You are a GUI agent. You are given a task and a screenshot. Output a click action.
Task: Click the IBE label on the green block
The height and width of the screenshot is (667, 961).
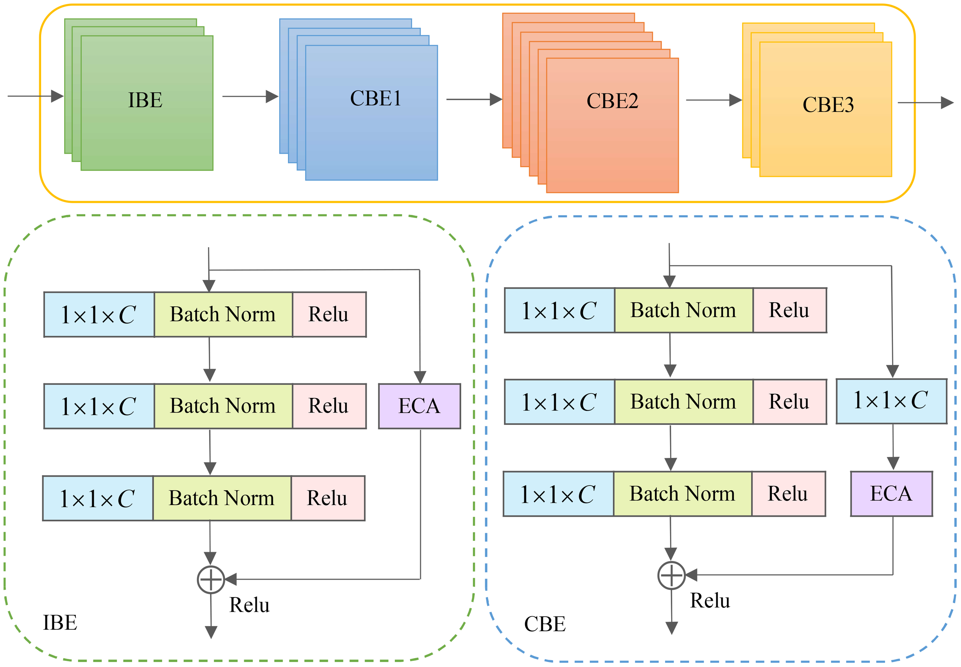point(145,100)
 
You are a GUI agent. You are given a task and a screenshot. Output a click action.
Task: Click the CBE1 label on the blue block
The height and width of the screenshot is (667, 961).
point(375,99)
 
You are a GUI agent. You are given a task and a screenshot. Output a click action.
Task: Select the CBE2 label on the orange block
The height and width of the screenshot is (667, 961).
point(612,101)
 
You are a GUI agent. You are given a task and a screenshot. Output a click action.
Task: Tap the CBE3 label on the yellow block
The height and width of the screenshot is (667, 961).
point(828,105)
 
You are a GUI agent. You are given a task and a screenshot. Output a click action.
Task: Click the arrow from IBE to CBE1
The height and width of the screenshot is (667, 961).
point(250,96)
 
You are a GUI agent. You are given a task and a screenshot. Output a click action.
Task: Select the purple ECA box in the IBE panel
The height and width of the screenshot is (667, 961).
point(419,406)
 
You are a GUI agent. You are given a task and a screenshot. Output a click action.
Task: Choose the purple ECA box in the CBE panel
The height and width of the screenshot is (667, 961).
point(891,494)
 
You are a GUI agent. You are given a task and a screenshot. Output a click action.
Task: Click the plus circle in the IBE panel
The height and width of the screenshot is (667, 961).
point(211,580)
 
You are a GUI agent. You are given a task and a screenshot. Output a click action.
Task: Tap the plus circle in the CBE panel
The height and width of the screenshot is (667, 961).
point(671,576)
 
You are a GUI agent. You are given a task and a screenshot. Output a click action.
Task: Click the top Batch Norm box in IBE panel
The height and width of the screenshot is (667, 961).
point(223,314)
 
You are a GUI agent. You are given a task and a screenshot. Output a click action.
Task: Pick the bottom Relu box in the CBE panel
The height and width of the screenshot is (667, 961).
point(788,494)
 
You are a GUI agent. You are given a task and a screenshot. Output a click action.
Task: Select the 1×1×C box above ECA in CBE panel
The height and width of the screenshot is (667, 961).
point(891,401)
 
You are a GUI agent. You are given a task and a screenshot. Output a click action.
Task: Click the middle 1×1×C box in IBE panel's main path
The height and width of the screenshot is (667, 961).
point(99,406)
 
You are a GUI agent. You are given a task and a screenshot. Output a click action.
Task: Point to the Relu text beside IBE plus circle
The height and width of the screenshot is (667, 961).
point(249,605)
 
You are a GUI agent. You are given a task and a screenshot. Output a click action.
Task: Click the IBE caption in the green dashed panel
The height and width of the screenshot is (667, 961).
point(60,623)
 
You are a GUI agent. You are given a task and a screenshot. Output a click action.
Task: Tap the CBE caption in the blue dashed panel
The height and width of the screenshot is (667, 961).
point(544,624)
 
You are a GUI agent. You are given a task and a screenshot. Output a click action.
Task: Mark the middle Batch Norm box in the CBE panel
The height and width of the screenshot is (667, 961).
point(683,402)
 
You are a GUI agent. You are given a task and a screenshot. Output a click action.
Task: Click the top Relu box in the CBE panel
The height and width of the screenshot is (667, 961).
point(789,310)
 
